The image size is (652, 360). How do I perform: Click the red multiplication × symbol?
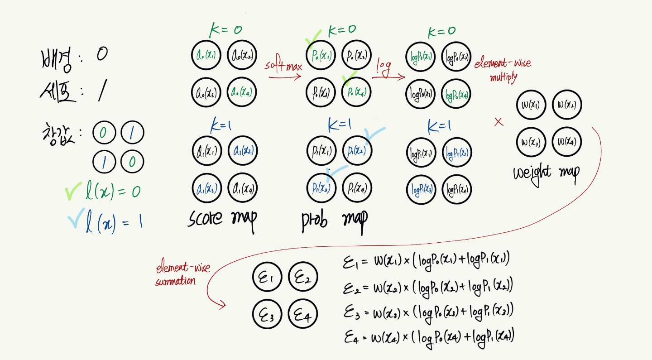(499, 122)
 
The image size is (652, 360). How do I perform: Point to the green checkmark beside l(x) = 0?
(73, 192)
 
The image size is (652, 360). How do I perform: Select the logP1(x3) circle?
(421, 189)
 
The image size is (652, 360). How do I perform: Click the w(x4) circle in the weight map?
(566, 142)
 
